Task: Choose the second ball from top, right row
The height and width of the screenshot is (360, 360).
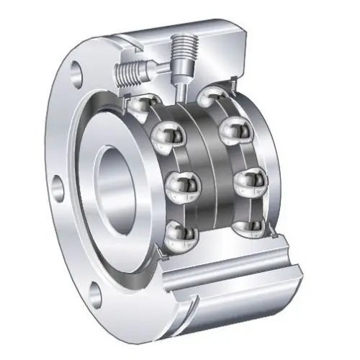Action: coord(233,130)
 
